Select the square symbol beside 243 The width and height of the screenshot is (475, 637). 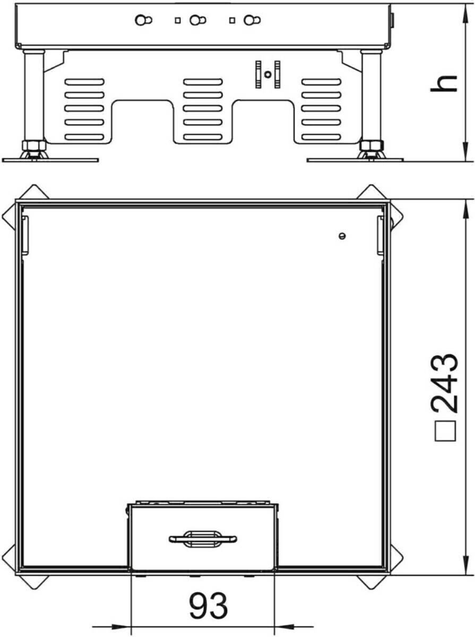tap(446, 431)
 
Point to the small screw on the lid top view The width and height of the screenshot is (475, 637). tap(342, 236)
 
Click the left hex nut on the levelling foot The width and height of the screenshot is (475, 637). tap(34, 145)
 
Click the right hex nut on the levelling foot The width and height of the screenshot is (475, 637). tap(372, 145)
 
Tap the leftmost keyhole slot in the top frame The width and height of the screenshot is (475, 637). tap(144, 20)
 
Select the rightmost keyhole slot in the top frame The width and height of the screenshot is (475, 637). tap(253, 20)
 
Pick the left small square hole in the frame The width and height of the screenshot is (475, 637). tap(178, 20)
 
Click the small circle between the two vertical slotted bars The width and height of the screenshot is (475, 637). tap(269, 75)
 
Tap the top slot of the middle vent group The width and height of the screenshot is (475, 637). tap(203, 82)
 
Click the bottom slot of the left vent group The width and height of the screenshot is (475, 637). tap(84, 137)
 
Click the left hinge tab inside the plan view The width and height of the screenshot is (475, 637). tap(25, 235)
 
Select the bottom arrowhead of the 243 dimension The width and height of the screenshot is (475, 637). tap(466, 564)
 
